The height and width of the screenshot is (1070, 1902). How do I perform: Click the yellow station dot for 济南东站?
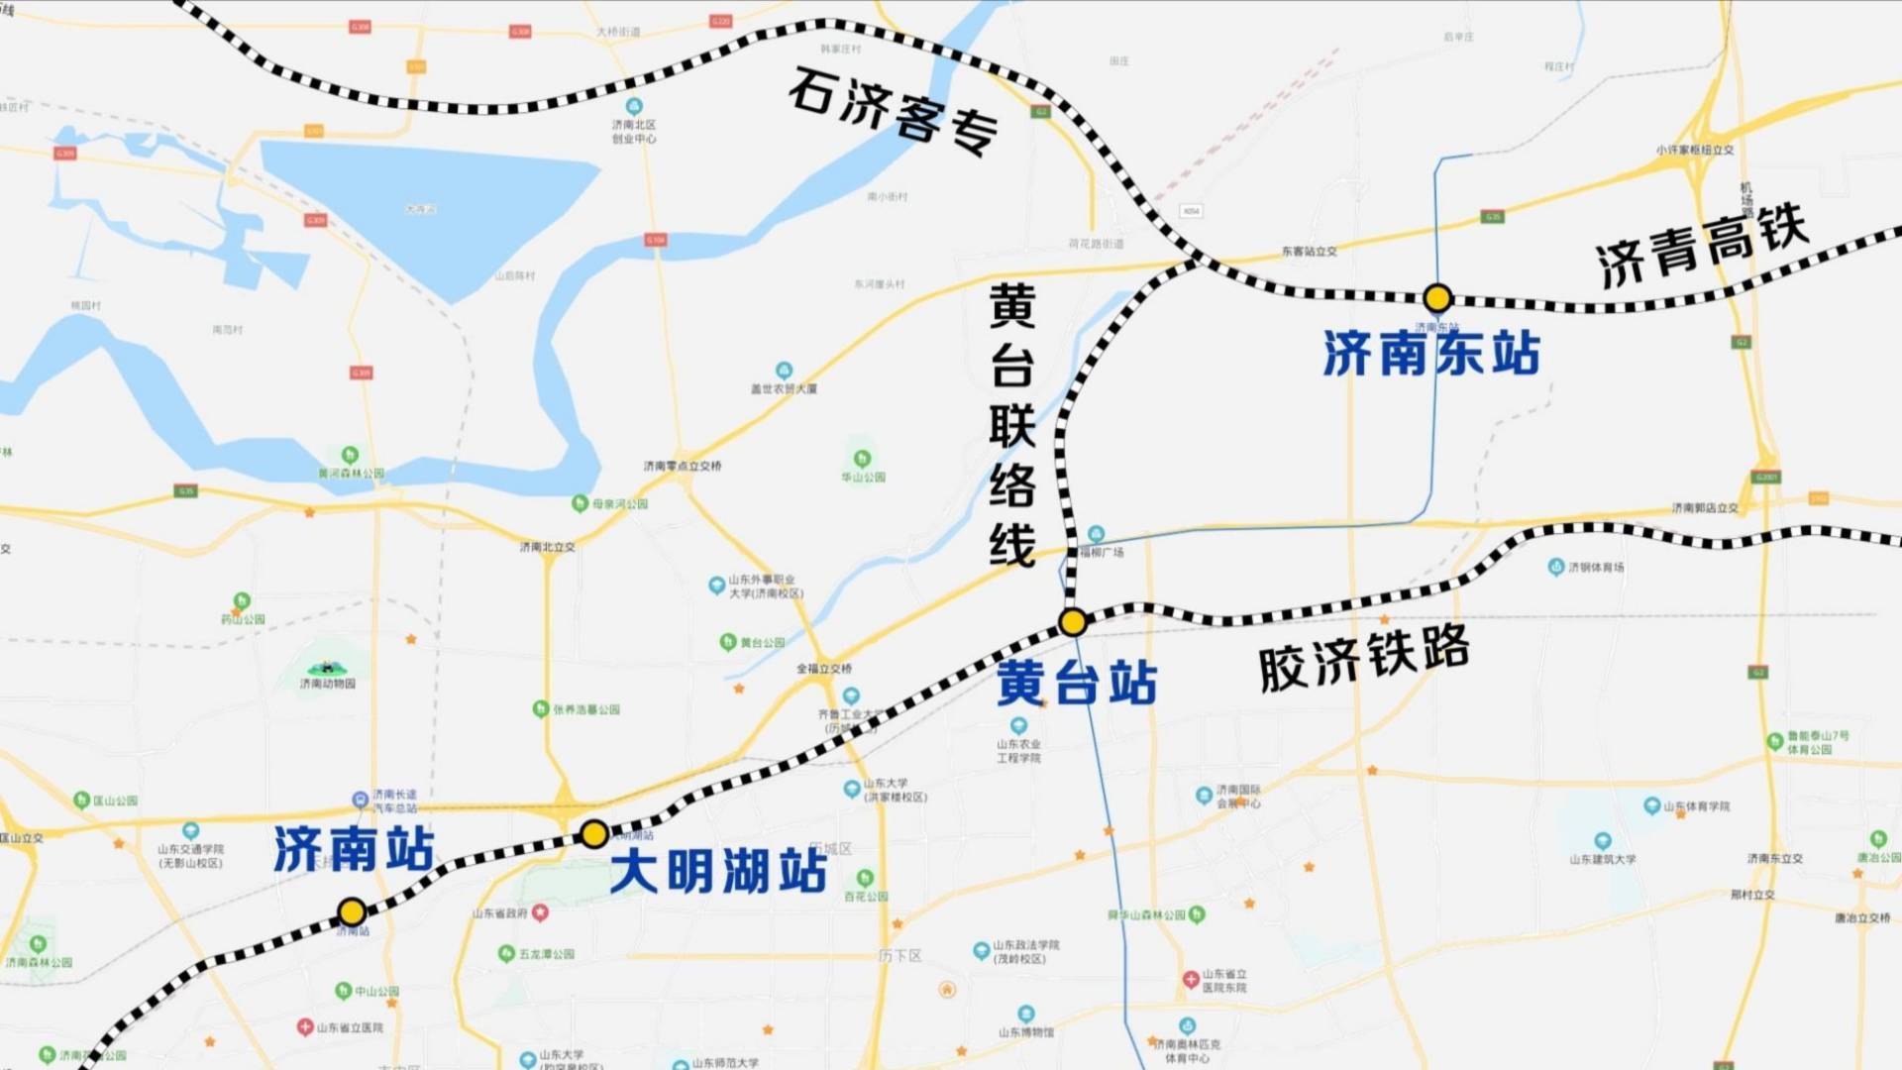click(1437, 297)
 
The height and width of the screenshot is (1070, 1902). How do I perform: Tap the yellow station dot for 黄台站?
click(1073, 622)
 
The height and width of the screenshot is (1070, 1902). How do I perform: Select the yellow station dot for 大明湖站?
click(593, 834)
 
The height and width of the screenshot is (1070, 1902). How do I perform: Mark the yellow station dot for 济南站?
click(352, 911)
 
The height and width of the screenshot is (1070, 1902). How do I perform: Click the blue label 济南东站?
click(1431, 354)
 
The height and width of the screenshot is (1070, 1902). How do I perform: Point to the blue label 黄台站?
click(1077, 684)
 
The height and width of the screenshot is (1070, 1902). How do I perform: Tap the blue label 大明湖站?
click(718, 872)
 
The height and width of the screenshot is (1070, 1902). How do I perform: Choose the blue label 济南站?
click(354, 849)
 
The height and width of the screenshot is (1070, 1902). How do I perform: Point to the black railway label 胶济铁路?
click(1364, 659)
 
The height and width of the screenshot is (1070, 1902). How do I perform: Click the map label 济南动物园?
click(328, 684)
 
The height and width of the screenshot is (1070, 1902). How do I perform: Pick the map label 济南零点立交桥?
click(683, 466)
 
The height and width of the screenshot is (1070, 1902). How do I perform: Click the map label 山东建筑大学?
click(1602, 859)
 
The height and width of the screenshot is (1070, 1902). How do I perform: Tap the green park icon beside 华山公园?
click(862, 459)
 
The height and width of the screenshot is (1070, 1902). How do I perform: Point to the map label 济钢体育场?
click(1596, 568)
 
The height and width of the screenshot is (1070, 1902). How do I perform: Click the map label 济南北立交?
click(547, 547)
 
